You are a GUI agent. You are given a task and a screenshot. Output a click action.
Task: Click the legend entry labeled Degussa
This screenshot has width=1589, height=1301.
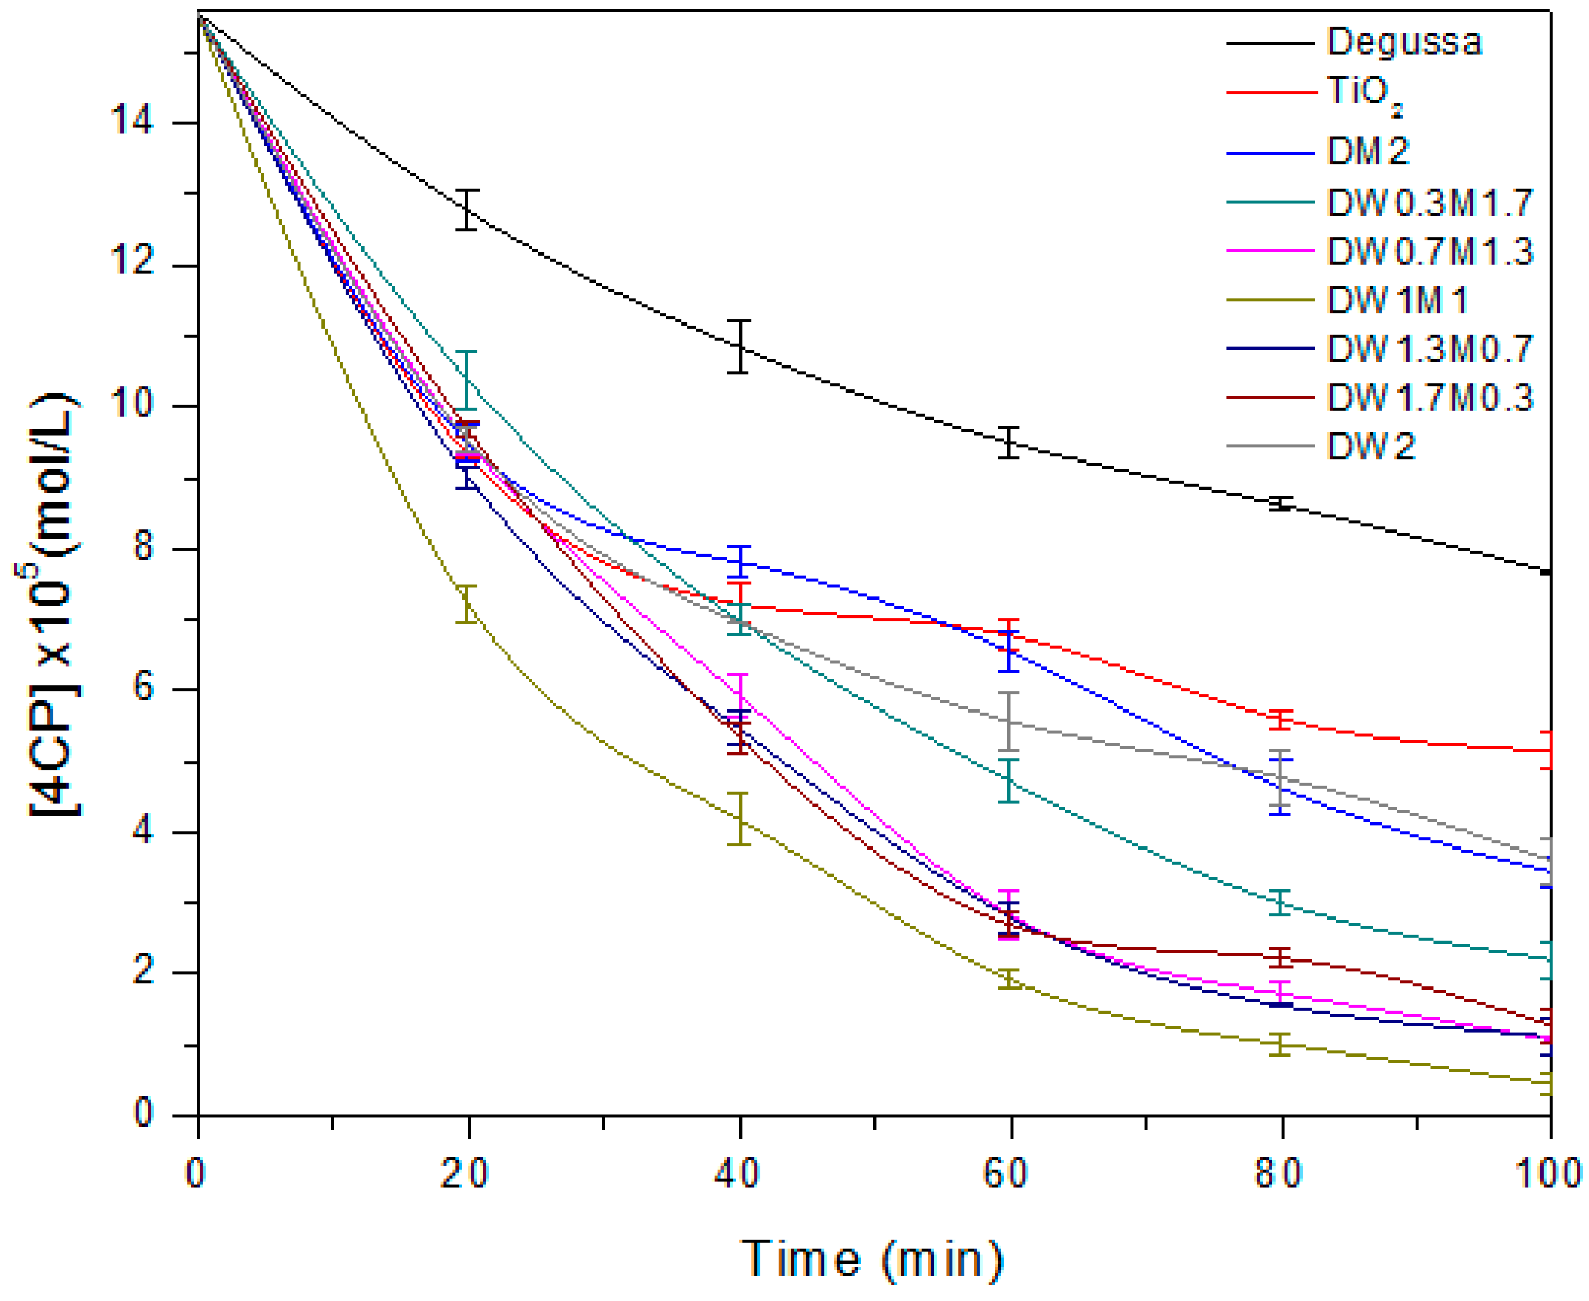point(1404,42)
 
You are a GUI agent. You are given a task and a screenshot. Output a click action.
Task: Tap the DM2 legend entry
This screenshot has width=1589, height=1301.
point(1368,150)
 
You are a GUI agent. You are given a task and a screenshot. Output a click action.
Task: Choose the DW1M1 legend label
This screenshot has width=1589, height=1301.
point(1396,300)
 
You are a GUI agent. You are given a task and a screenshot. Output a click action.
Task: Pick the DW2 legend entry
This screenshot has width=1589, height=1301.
point(1371,447)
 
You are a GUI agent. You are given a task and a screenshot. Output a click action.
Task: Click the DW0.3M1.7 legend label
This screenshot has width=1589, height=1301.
point(1429,202)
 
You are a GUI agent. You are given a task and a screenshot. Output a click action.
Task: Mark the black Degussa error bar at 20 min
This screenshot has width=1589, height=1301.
point(467,209)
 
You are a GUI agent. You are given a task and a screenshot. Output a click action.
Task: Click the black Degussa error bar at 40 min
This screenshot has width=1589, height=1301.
point(739,346)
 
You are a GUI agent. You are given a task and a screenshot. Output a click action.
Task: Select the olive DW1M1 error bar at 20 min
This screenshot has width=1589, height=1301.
point(467,604)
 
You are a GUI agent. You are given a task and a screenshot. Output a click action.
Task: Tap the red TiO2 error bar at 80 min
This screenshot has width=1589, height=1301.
point(1282,719)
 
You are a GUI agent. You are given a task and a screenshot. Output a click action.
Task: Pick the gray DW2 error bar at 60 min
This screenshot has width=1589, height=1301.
point(1010,721)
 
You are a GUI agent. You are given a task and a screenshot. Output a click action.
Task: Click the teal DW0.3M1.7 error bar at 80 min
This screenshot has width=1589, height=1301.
point(1282,902)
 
